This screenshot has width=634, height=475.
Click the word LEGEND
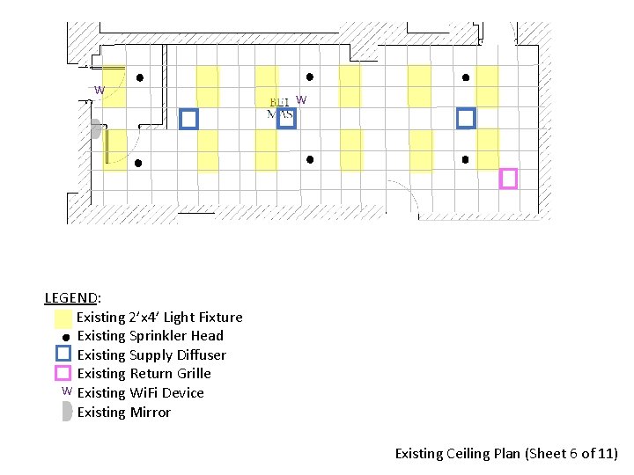(x=72, y=298)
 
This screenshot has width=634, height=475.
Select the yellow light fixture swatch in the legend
(x=63, y=318)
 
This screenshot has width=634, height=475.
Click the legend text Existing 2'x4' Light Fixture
(x=159, y=318)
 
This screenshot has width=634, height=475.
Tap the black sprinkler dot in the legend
(x=65, y=338)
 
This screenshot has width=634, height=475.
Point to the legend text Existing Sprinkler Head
(x=150, y=336)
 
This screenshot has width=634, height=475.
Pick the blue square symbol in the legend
(x=63, y=354)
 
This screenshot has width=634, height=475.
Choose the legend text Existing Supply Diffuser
(x=151, y=355)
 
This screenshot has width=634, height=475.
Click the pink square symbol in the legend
(x=63, y=373)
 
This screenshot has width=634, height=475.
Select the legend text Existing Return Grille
(x=144, y=374)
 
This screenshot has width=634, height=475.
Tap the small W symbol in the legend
(x=66, y=391)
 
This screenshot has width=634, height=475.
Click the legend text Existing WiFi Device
(x=140, y=393)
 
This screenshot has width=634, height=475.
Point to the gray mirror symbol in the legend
(x=67, y=412)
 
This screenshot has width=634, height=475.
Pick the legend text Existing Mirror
(x=124, y=413)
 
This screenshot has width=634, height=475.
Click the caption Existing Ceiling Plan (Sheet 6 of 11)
(x=506, y=454)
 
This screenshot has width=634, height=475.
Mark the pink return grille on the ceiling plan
(x=508, y=179)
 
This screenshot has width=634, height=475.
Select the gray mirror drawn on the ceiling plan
(x=95, y=129)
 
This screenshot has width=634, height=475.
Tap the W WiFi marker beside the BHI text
(x=301, y=100)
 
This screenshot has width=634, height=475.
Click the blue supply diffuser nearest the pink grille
(x=466, y=118)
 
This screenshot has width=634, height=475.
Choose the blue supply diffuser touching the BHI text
(x=285, y=119)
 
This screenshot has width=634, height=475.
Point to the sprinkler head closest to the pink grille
(x=465, y=160)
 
